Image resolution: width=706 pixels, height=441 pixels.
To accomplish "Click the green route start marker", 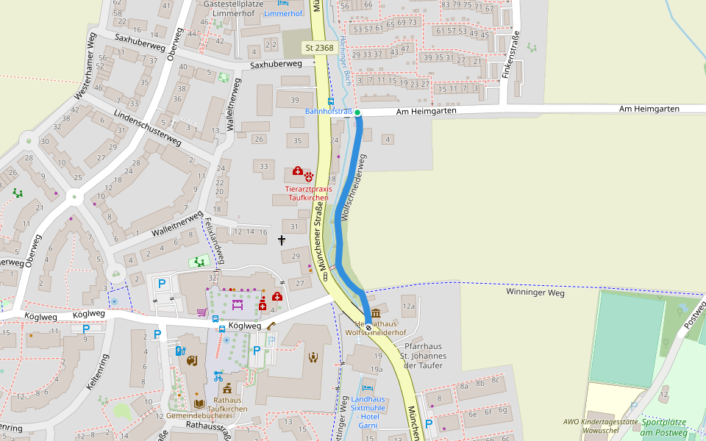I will (357, 112).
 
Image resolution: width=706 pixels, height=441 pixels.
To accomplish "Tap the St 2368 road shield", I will (319, 48).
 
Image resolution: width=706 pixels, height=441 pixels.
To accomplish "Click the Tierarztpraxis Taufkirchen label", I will (309, 193).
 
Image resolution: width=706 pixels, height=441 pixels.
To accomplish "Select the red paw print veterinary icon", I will (309, 176).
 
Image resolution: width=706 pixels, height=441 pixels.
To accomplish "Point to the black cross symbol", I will (281, 240).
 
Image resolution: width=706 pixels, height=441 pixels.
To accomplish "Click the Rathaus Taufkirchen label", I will (227, 404).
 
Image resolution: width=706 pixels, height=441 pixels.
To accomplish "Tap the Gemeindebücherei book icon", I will (199, 404).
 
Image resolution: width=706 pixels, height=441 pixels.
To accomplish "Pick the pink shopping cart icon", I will (202, 312).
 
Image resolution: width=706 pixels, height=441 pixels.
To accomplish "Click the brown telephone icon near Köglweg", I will (271, 326).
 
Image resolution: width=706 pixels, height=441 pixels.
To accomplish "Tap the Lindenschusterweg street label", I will (147, 128).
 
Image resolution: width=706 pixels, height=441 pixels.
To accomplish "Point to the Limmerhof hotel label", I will (283, 14).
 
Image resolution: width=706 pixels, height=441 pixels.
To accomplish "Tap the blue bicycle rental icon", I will (218, 376).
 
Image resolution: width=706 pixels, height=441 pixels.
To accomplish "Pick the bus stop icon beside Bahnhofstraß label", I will (330, 101).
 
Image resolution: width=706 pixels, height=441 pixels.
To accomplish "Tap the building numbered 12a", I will (408, 306).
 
